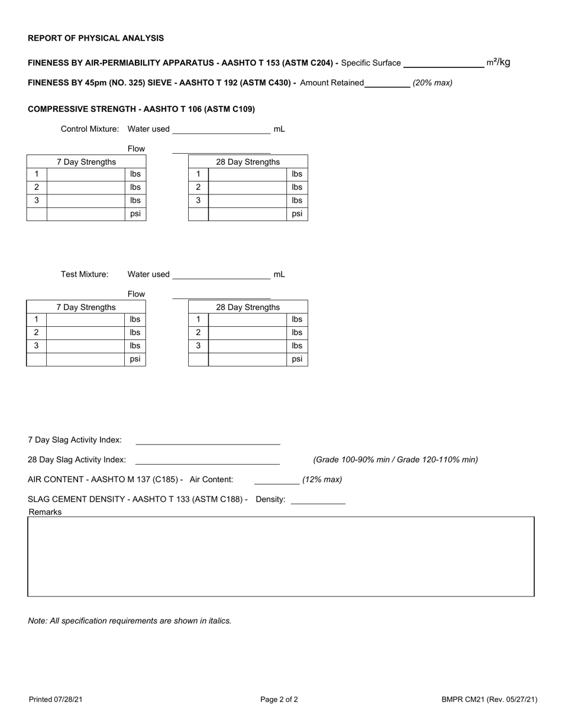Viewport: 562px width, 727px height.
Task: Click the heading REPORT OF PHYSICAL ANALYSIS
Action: click(96, 38)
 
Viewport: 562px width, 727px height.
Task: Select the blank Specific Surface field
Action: click(443, 63)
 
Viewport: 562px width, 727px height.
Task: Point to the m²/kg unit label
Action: click(498, 62)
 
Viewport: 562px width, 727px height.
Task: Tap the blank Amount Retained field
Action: click(387, 83)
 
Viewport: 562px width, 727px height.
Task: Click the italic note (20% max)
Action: click(432, 83)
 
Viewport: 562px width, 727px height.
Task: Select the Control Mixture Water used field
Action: click(221, 129)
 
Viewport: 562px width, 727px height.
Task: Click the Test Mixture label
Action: click(85, 274)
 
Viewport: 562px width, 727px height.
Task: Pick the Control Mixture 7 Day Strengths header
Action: click(86, 162)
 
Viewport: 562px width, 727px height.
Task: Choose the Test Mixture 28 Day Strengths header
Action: click(248, 307)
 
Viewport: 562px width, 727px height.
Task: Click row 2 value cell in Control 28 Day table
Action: click(248, 187)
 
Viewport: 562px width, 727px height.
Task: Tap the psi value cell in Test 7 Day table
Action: click(85, 359)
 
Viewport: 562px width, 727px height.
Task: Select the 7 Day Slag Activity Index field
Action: click(208, 440)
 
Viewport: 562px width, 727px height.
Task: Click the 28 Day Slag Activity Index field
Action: click(208, 460)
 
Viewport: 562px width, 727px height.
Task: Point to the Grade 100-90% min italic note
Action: click(395, 460)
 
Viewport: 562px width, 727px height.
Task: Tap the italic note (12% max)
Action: click(322, 479)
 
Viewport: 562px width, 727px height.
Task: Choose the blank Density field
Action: click(318, 499)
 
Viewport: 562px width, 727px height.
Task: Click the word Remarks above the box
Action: click(46, 512)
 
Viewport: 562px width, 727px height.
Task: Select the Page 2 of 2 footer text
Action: click(279, 700)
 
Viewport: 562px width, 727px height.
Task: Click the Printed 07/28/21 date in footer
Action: click(56, 700)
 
